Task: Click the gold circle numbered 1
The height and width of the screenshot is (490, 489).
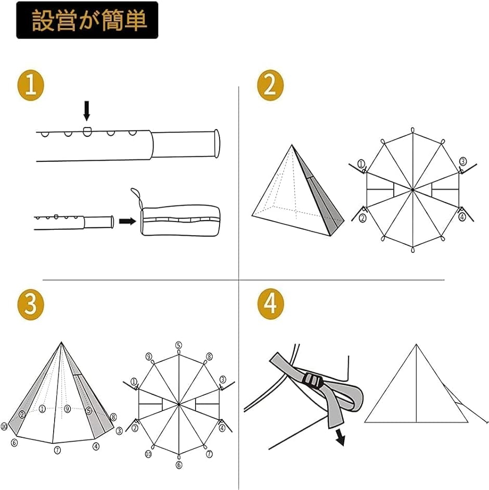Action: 31,85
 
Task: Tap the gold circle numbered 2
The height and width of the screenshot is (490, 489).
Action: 271,85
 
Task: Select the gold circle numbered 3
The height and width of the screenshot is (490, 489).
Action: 31,304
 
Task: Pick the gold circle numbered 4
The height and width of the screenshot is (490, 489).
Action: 271,304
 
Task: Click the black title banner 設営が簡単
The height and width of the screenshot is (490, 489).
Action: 87,20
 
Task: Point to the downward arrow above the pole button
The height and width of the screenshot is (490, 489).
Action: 87,111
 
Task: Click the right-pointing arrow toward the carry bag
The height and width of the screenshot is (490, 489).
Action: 127,221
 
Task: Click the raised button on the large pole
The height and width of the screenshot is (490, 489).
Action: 87,132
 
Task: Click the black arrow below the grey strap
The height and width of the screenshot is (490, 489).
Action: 340,437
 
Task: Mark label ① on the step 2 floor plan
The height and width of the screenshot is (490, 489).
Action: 361,164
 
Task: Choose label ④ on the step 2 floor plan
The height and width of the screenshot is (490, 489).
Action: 462,217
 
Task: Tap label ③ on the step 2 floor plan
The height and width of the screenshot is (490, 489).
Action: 463,161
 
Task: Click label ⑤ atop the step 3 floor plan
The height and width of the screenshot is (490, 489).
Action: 178,345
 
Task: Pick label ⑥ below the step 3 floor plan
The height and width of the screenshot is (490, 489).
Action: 179,465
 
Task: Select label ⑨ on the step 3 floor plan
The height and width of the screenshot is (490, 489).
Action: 149,356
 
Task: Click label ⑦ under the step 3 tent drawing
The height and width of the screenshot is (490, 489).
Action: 57,450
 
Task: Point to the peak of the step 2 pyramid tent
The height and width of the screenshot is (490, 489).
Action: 292,145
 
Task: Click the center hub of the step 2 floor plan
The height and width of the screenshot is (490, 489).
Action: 413,190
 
